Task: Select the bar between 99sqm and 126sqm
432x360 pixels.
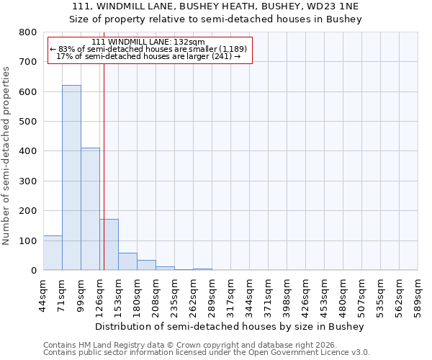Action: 90,209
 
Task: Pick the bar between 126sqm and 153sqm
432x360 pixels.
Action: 109,245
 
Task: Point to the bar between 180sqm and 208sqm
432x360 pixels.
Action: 146,265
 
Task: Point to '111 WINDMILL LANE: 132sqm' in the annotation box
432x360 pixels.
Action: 149,42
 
